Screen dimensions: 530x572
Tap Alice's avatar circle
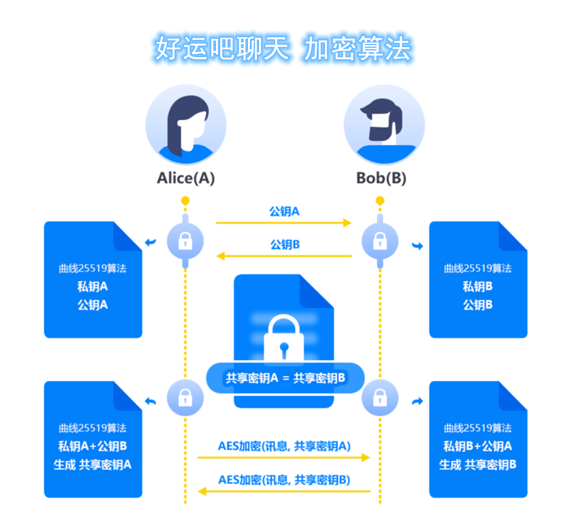click(x=186, y=125)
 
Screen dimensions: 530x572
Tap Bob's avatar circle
click(x=384, y=125)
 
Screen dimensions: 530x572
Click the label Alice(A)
click(x=186, y=178)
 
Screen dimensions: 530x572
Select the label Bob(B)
click(x=381, y=178)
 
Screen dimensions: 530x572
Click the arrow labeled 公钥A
click(x=283, y=223)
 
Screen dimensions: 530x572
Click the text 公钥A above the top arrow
click(x=284, y=211)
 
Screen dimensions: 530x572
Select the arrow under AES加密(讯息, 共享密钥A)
click(x=283, y=458)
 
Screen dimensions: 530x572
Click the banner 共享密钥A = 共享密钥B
click(x=285, y=378)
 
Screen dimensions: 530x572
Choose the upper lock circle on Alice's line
click(x=185, y=242)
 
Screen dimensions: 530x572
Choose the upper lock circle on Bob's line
click(x=380, y=242)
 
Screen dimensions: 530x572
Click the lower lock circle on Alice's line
click(x=185, y=398)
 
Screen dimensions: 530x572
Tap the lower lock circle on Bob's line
click(x=380, y=398)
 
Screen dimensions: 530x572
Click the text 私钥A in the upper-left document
click(x=93, y=287)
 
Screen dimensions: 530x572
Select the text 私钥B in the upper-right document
click(x=478, y=287)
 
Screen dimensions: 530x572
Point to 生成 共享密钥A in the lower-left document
click(x=93, y=464)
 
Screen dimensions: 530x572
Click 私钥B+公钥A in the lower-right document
click(x=478, y=446)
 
